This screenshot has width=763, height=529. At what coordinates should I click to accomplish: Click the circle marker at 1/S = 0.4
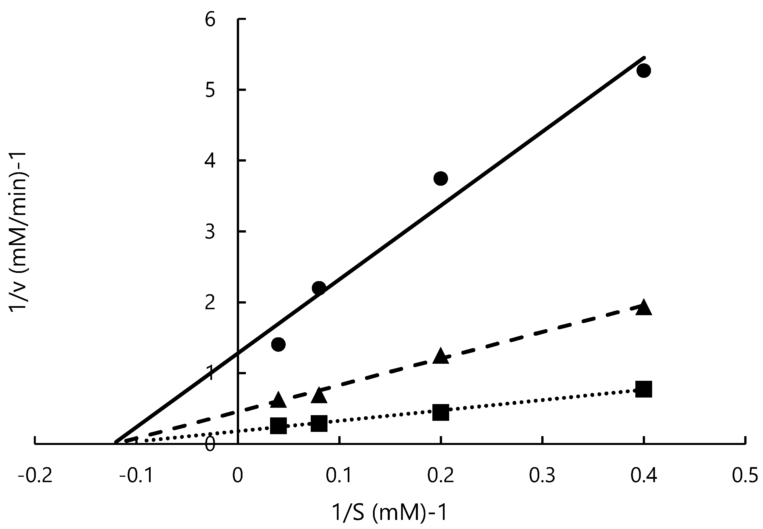click(x=644, y=71)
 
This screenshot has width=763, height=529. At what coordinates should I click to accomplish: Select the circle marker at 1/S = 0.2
click(x=441, y=179)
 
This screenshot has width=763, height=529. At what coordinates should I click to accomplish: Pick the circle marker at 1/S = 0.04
click(x=278, y=344)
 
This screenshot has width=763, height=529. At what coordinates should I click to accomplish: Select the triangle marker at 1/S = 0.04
click(x=278, y=400)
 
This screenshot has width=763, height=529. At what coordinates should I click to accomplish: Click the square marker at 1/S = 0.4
click(x=644, y=389)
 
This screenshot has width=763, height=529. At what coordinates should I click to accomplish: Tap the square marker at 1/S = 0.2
click(x=441, y=412)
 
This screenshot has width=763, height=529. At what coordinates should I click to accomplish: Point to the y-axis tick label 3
click(x=210, y=232)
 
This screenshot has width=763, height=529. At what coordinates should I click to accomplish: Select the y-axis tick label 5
click(x=210, y=91)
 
